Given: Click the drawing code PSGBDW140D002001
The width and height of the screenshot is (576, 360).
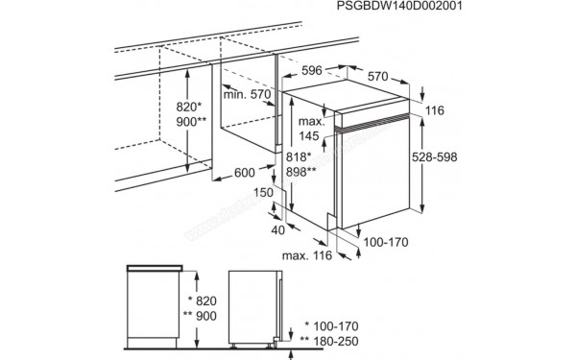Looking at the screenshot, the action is coord(399,6).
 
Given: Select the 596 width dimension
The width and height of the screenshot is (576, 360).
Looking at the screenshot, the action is coord(311,70).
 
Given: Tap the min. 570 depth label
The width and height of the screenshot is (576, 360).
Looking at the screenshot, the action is coord(247,94).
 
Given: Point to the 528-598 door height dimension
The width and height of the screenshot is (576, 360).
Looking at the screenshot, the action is coord(434,156).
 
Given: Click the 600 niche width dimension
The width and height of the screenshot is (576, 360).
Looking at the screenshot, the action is coord(244,172).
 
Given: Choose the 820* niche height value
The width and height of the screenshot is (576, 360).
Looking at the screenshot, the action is coord(189,107).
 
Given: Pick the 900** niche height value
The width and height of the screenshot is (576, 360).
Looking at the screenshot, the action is coord(191,122).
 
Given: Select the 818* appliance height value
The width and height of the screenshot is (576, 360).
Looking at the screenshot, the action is coord(299,156).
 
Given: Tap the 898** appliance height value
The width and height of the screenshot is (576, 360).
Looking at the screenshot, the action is coord(300,171).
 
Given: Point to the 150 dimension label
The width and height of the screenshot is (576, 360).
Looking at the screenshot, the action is coord(263,192).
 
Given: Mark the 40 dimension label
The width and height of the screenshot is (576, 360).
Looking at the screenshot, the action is coord(278,230).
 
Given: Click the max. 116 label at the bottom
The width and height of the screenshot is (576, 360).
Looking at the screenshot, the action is coord(307,255).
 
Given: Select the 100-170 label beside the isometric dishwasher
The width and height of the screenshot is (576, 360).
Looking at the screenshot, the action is coord(386,242).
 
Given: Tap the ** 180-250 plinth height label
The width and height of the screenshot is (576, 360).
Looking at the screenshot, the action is coord(329,341).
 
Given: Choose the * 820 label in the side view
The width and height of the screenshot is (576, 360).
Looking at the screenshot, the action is coord(202,300).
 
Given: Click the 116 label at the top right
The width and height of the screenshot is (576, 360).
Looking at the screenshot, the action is coord(435,110).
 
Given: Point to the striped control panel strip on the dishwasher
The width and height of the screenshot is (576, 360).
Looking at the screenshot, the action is coord(372,123).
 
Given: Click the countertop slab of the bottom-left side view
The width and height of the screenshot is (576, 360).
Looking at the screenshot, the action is coord(155,268).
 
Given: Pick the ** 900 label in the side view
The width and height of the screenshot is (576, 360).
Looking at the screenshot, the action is coord(200,316).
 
